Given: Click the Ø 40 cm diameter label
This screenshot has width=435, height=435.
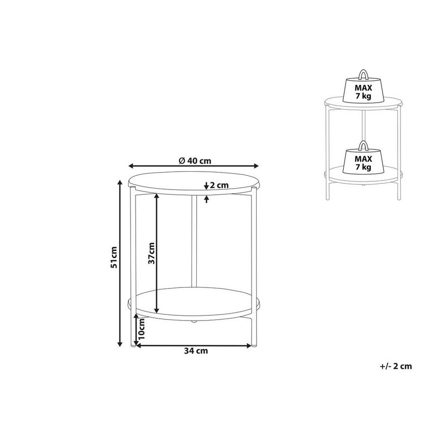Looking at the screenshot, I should [195, 160].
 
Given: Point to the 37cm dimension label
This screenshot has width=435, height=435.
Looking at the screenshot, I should [151, 253].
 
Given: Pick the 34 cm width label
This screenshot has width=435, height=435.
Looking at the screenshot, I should [195, 351].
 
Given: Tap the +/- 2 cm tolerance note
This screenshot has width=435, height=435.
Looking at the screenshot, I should [396, 365].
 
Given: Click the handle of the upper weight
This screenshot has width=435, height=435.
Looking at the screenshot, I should [364, 75].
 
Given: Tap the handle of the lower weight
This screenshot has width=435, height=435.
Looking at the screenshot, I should [364, 144].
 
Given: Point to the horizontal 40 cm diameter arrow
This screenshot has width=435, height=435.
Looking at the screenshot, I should [142, 165].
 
